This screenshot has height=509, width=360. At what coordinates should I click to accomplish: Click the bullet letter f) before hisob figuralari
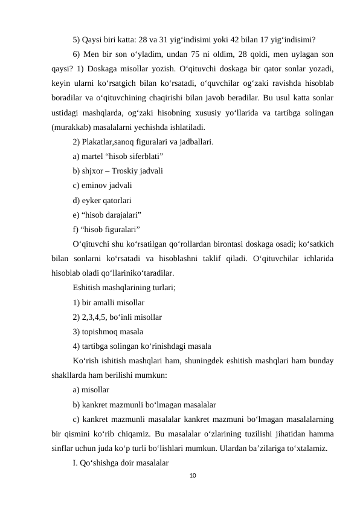[76, 229]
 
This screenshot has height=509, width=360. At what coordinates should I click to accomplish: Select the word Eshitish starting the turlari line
[88, 287]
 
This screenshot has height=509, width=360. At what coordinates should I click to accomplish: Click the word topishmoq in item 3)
[101, 331]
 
